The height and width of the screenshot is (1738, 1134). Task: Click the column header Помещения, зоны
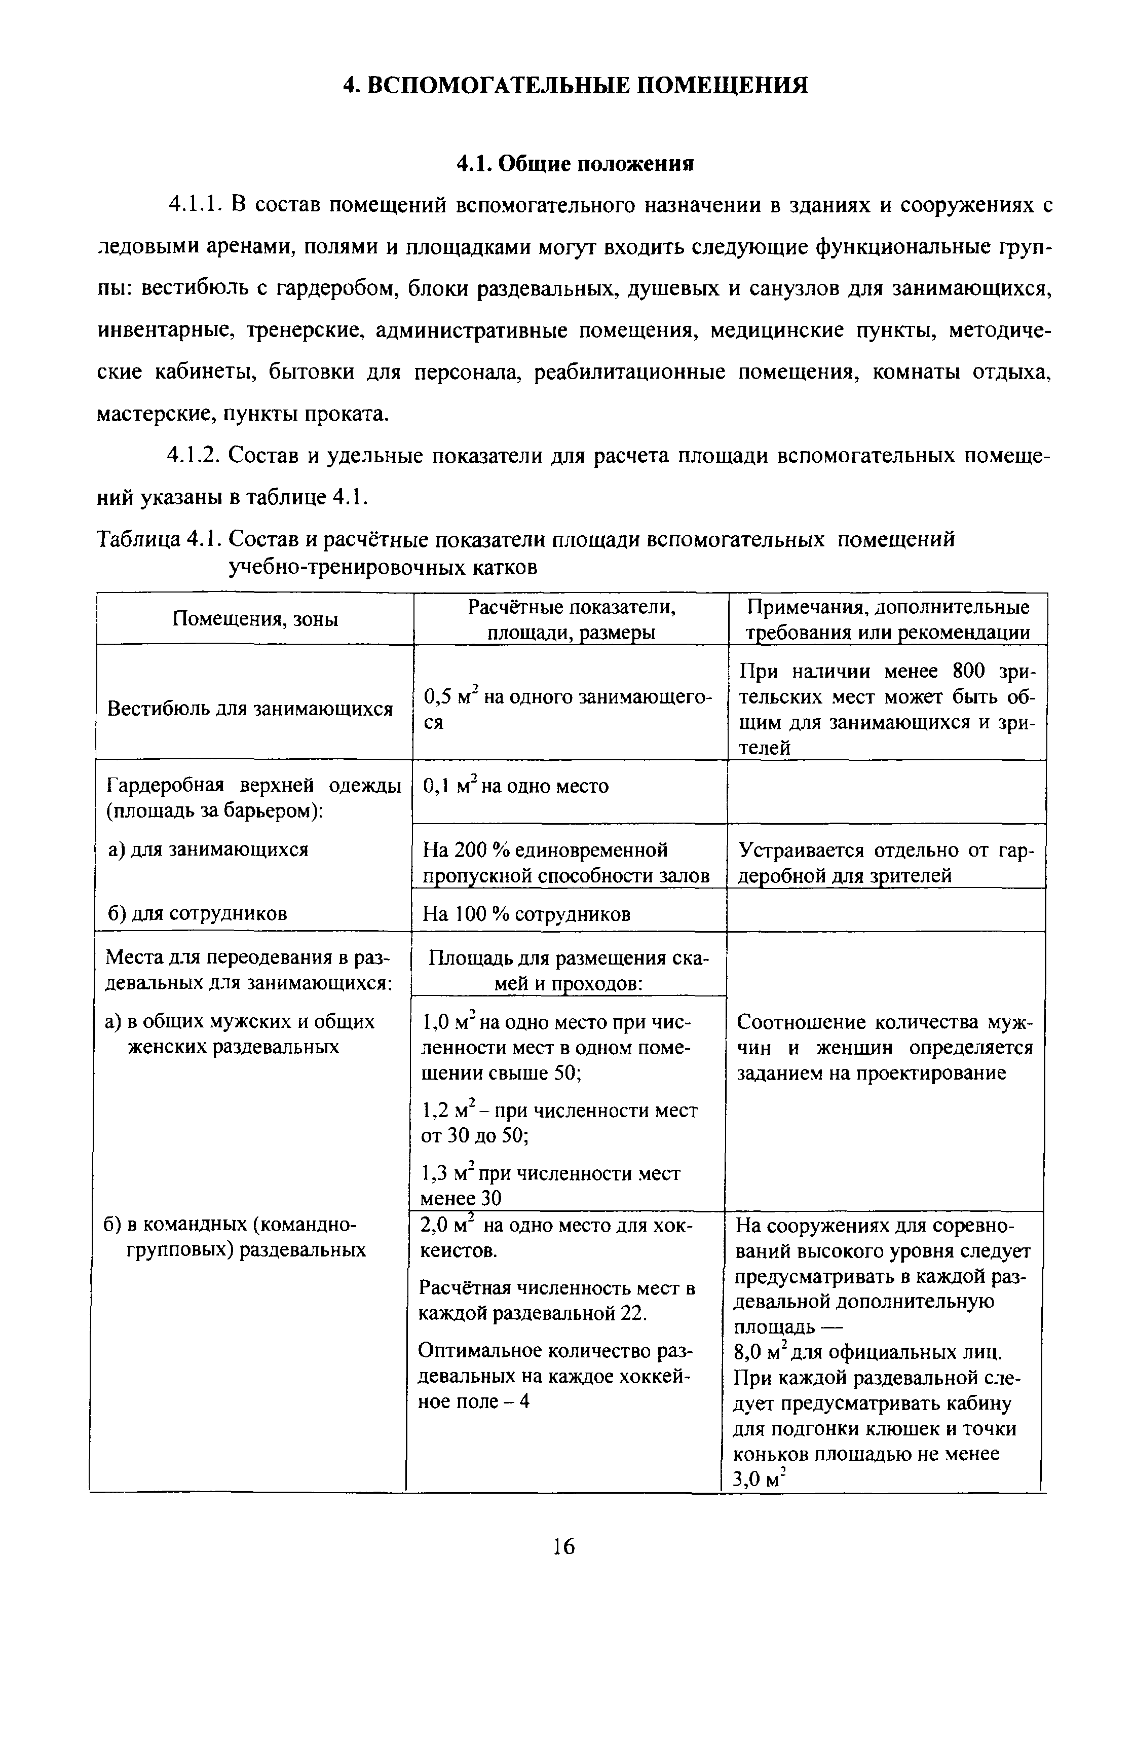click(255, 619)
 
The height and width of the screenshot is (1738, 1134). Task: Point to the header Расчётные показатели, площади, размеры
click(571, 619)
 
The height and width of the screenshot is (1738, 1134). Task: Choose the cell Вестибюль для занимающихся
click(250, 709)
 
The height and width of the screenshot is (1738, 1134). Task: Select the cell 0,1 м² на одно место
click(515, 787)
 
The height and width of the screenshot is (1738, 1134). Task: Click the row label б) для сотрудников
click(197, 913)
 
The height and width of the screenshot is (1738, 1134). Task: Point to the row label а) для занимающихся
click(208, 849)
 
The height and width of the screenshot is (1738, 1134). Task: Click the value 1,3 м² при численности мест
click(551, 1173)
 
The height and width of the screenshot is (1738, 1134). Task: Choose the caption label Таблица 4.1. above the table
click(159, 540)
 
